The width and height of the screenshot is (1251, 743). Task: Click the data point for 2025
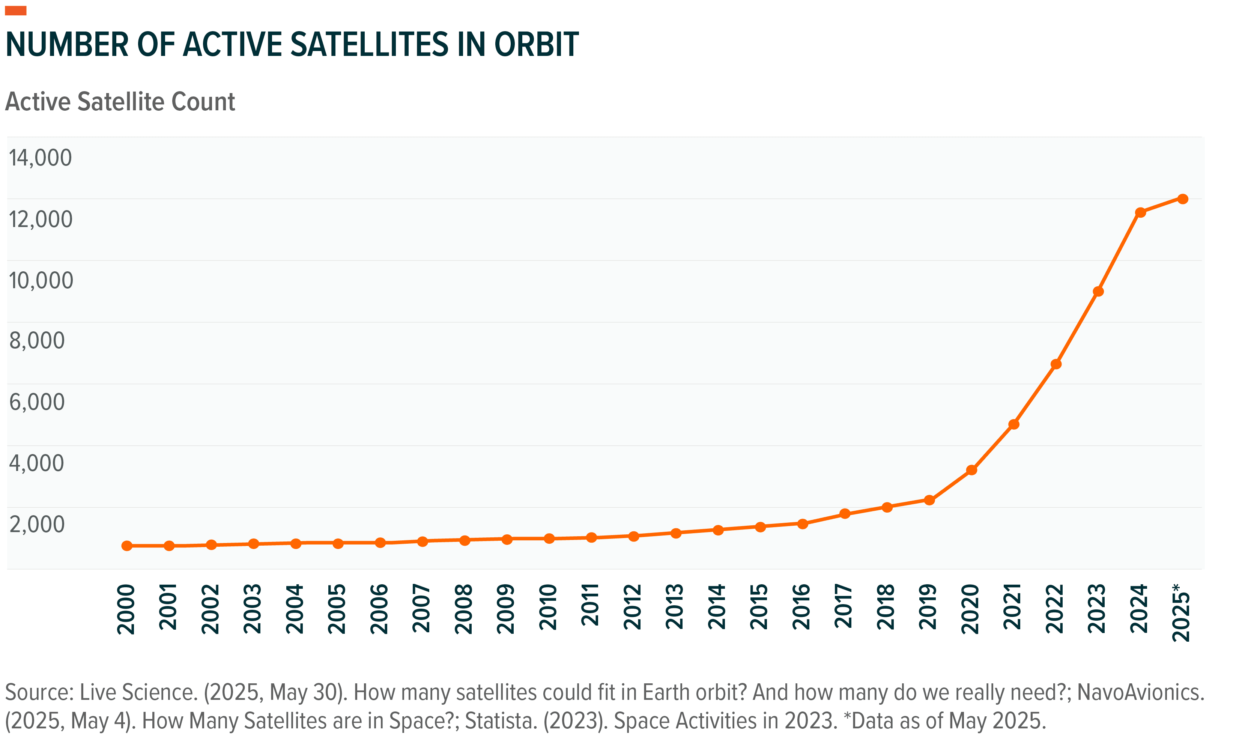point(1182,199)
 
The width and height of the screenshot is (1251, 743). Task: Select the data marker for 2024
point(1140,212)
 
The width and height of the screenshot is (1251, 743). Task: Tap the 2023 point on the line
point(1098,292)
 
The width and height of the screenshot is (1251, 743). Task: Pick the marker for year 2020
point(971,470)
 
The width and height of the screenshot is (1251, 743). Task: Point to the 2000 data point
point(127,546)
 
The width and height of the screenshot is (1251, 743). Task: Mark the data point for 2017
point(845,514)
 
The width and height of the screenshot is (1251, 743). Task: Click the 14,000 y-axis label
point(41,158)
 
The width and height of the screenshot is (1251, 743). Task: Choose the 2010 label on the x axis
point(549,607)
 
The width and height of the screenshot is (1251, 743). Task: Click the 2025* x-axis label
point(1182,612)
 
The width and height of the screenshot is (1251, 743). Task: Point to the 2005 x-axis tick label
point(337,609)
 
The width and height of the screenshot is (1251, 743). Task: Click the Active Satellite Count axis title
point(120,102)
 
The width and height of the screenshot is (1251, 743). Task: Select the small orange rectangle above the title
point(15,11)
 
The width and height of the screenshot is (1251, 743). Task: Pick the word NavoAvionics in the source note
point(1139,692)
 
